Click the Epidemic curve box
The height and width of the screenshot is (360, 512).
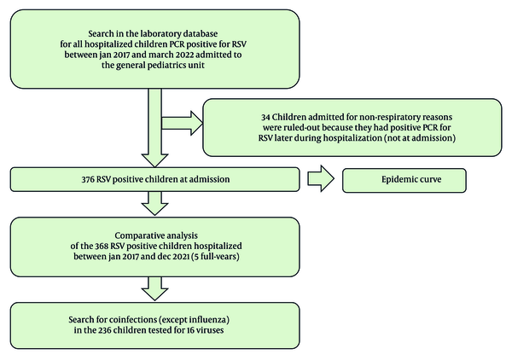404,181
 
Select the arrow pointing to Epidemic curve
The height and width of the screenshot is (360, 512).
321,178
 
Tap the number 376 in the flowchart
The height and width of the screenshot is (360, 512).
88,179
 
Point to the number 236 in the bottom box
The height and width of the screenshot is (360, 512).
105,330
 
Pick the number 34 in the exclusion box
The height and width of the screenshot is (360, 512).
265,117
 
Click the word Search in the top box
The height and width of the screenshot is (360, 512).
99,33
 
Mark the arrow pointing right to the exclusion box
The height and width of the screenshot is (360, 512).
183,123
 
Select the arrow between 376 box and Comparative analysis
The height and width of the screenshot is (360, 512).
154,203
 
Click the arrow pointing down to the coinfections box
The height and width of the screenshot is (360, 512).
154,288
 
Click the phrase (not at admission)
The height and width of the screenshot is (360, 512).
420,138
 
